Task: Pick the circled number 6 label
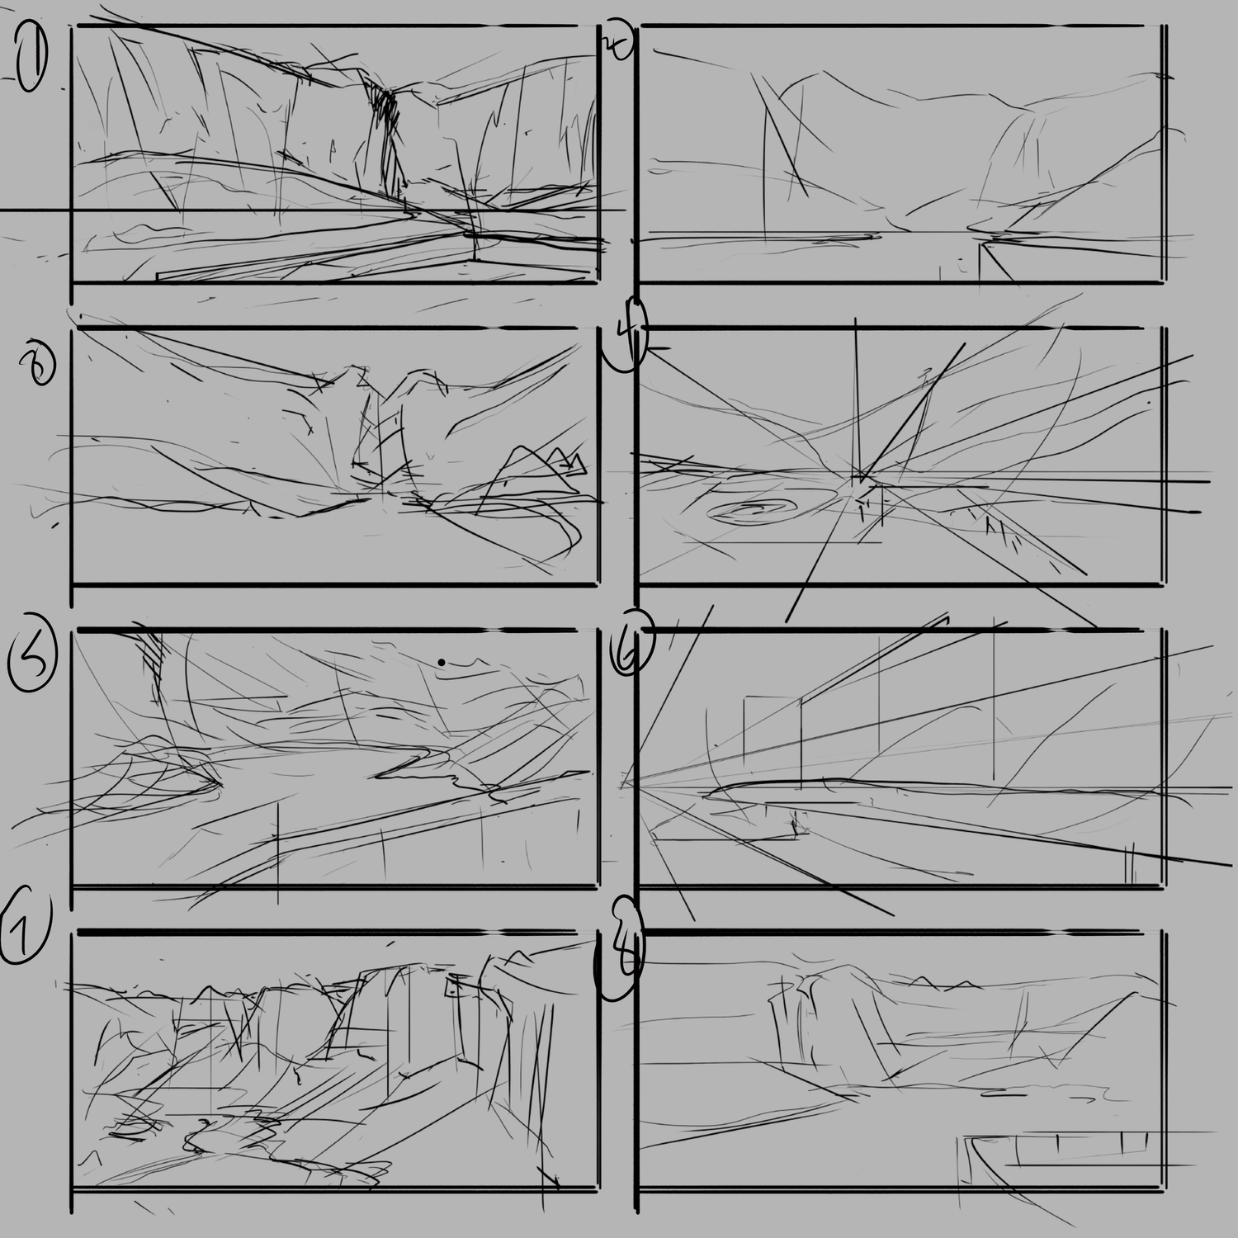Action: tap(630, 642)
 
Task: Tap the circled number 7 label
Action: tap(25, 930)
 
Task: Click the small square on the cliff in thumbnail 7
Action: tap(454, 987)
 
